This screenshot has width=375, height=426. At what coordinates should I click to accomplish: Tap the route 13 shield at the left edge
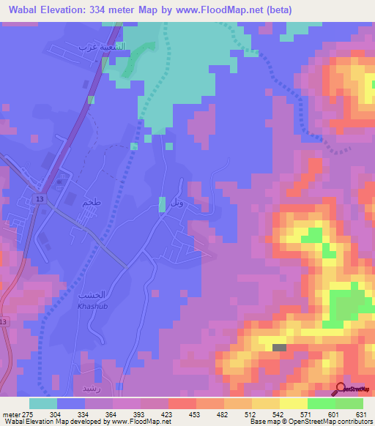(4, 322)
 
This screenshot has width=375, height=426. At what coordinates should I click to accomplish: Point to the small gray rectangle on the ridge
(280, 348)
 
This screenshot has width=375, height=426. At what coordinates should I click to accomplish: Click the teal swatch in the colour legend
(42, 403)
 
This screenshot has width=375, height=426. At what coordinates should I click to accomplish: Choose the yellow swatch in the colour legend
(293, 403)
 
